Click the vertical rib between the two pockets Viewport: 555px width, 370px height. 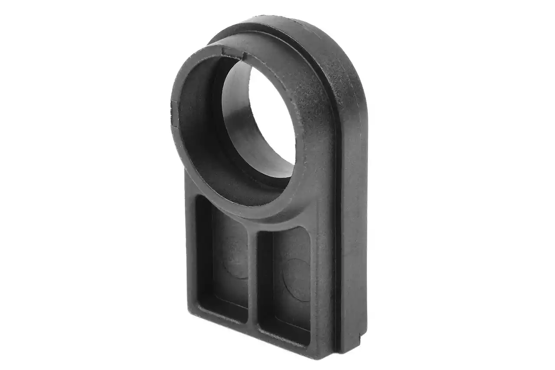click(253, 277)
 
